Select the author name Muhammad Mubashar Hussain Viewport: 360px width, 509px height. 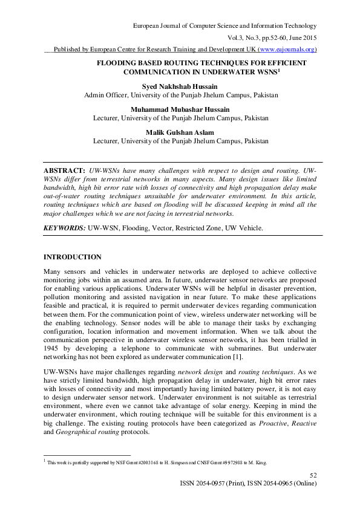(180, 109)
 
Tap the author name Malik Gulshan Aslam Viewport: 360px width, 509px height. (180, 132)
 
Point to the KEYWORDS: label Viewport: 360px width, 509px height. (64, 228)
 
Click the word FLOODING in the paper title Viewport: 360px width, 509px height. (121, 63)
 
